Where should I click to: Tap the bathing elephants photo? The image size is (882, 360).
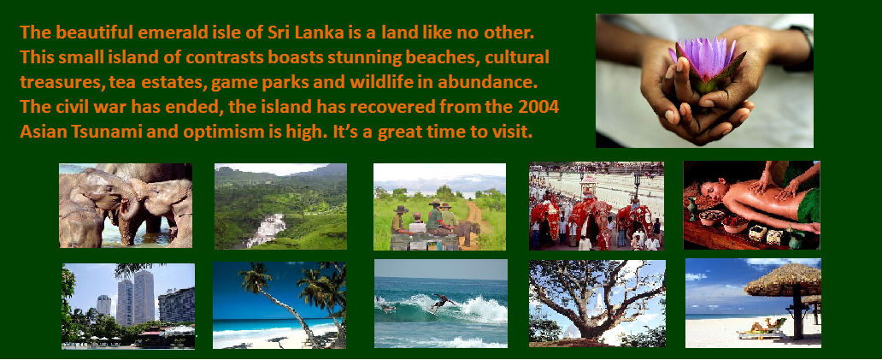click(126, 205)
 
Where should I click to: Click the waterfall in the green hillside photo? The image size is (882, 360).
click(268, 229)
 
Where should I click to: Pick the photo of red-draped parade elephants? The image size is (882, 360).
click(597, 206)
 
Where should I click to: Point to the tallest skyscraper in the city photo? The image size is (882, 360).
click(144, 297)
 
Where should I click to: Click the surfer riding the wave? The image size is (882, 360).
click(442, 303)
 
